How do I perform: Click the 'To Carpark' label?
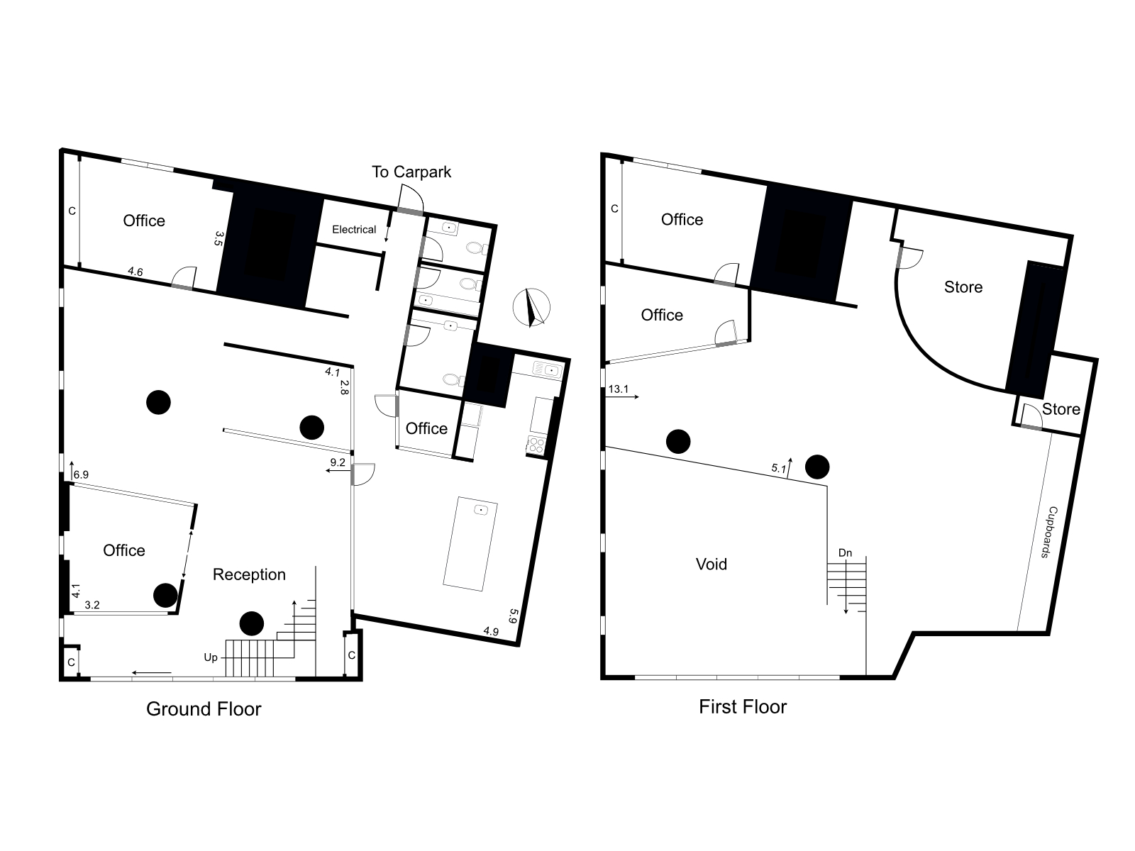point(411,172)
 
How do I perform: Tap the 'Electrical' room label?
point(354,229)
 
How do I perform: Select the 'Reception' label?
point(249,574)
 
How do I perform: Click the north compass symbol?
point(531,308)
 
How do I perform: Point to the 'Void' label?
point(712,564)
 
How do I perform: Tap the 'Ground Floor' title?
point(204,709)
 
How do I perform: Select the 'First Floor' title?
point(743,707)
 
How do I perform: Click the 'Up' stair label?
point(211,658)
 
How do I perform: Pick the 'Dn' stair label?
point(845,553)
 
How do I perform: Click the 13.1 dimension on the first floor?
point(619,389)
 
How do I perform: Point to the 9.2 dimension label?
point(338,462)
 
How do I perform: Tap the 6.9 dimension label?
point(81,474)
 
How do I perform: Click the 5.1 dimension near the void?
point(779,468)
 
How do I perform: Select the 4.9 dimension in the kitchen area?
point(491,631)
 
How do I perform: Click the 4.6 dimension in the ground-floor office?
point(135,272)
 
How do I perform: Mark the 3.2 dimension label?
point(92,605)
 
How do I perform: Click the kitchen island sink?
point(481,510)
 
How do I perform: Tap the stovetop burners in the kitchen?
point(537,445)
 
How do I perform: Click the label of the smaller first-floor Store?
point(1061,409)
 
